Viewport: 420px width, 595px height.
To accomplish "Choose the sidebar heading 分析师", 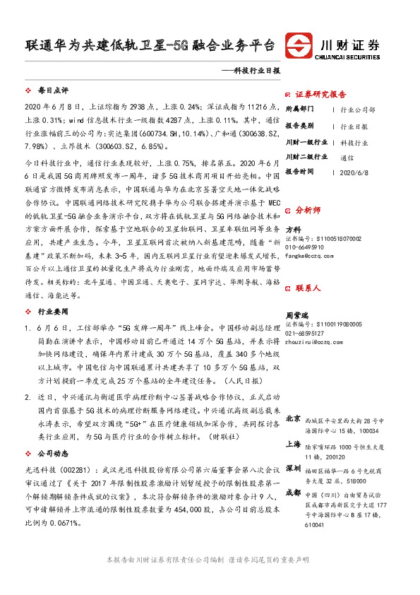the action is point(308,210).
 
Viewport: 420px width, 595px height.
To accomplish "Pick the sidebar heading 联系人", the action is point(308,288).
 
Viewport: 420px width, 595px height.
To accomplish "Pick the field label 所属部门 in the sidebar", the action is point(301,110).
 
